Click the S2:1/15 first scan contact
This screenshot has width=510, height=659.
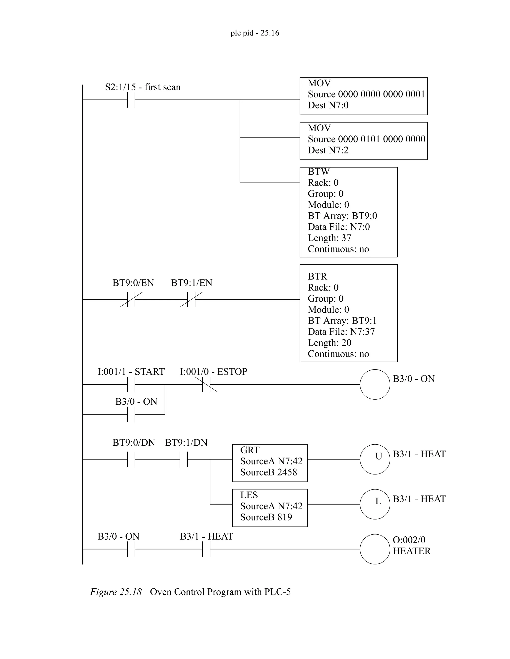tap(131, 99)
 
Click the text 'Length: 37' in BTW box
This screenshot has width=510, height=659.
tap(329, 238)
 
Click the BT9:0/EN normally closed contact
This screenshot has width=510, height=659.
tap(131, 300)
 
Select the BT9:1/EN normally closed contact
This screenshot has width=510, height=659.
tap(191, 300)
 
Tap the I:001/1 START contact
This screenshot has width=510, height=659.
tap(131, 384)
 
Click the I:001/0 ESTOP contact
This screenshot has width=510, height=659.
tap(206, 384)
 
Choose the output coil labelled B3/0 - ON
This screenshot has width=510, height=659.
tap(375, 384)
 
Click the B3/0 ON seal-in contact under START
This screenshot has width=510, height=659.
tap(131, 414)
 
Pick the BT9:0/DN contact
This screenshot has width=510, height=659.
tap(131, 459)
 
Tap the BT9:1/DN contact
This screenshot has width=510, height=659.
tap(184, 459)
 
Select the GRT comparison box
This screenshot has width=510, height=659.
tap(269, 463)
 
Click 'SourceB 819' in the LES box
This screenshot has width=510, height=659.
tap(266, 517)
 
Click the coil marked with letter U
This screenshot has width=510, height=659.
tap(375, 459)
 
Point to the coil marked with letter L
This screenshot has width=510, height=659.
tap(375, 504)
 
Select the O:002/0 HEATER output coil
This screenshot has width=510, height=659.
tap(375, 549)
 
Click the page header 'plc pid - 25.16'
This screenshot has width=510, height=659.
tap(255, 33)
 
